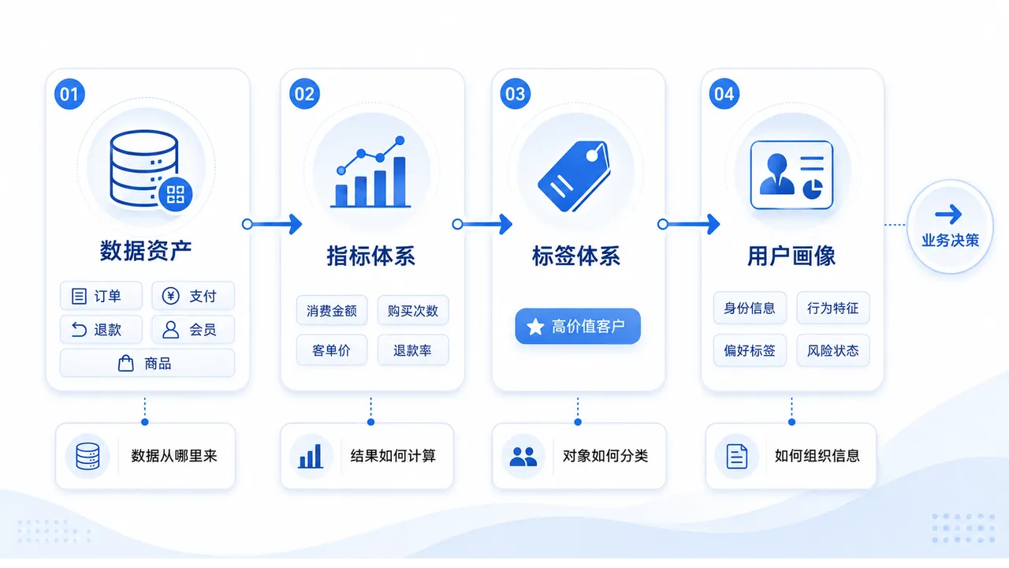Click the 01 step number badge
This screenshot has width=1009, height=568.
(x=69, y=94)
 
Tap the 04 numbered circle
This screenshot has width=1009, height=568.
(x=724, y=94)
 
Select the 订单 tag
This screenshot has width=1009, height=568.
(x=102, y=296)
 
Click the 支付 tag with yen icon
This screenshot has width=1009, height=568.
(x=193, y=296)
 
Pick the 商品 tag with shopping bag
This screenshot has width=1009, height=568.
(x=147, y=363)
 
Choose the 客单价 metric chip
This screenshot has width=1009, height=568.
(x=332, y=349)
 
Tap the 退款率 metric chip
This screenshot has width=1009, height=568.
(x=412, y=349)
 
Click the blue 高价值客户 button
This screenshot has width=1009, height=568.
(x=578, y=326)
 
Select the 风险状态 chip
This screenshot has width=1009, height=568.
(x=833, y=350)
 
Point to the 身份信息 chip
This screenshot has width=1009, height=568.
(x=750, y=308)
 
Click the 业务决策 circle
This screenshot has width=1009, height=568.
(x=951, y=226)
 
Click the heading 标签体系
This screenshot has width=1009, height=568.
(x=576, y=256)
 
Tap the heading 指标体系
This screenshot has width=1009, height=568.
(x=370, y=256)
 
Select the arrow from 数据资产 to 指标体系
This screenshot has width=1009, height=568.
(x=272, y=224)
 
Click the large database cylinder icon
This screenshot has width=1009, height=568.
(x=144, y=168)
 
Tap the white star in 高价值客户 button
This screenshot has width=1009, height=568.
(x=535, y=327)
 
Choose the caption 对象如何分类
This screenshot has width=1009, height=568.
(x=605, y=456)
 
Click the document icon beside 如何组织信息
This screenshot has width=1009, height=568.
(x=737, y=456)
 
